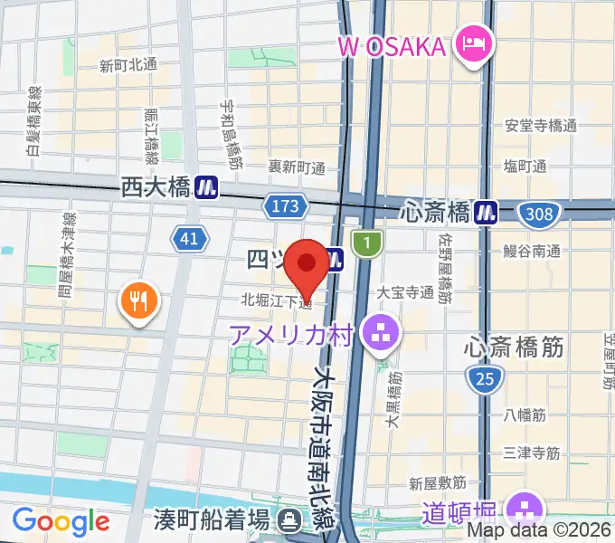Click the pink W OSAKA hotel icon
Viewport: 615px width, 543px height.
[x=473, y=44]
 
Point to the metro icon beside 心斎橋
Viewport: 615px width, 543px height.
[x=490, y=213]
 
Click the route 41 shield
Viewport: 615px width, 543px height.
[x=188, y=239]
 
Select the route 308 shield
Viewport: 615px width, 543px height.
[x=539, y=214]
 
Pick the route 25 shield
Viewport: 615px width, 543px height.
[x=484, y=380]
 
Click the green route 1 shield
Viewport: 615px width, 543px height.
[x=367, y=242]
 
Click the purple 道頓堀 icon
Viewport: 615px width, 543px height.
[x=524, y=507]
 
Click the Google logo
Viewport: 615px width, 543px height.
[x=61, y=520]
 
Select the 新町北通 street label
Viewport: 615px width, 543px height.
[x=129, y=64]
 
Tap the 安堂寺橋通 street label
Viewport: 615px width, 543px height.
[x=541, y=126]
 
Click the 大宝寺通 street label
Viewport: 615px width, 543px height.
[x=405, y=292]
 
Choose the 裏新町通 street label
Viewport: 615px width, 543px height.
[x=297, y=167]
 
